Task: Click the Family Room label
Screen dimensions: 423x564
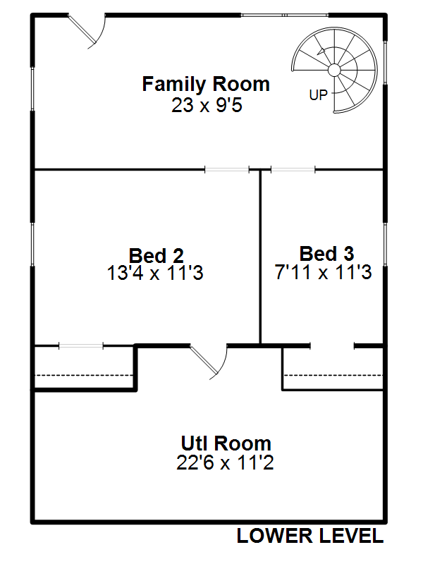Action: [206, 84]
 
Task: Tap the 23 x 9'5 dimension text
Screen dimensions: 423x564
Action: [207, 105]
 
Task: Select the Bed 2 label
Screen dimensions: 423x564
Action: [157, 256]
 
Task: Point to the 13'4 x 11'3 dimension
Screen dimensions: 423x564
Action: [155, 273]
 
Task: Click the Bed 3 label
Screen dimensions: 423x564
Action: [326, 254]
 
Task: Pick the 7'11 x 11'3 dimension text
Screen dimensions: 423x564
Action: [323, 272]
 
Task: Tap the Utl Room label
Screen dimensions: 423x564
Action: [226, 443]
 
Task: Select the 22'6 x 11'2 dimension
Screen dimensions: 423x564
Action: [225, 462]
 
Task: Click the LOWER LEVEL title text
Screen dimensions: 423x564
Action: [310, 536]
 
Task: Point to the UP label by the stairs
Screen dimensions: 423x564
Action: [319, 95]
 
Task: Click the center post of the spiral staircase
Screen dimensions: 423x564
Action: [334, 70]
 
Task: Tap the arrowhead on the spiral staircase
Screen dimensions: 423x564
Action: [321, 51]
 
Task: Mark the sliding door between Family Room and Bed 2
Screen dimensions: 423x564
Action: [227, 169]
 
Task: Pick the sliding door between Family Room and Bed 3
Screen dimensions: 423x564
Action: [293, 169]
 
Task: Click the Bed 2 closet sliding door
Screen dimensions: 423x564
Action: [81, 346]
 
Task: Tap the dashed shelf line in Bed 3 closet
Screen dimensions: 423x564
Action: [333, 376]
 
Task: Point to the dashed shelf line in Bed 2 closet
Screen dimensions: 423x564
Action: [84, 376]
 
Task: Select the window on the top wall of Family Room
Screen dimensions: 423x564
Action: [285, 15]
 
